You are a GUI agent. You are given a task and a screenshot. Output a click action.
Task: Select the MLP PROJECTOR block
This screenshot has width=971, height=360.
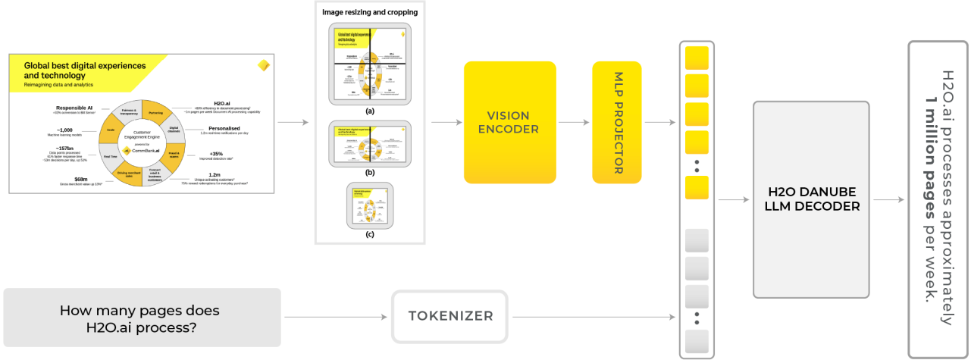click(x=617, y=122)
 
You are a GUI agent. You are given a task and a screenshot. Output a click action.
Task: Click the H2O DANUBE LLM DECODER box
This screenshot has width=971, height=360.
click(x=811, y=199)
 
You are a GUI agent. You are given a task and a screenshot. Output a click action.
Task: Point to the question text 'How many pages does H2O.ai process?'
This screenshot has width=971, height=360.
click(x=141, y=318)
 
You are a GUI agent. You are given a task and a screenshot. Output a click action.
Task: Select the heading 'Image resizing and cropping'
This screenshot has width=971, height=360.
click(x=370, y=12)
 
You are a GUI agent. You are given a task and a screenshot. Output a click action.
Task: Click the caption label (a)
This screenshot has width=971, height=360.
click(x=370, y=111)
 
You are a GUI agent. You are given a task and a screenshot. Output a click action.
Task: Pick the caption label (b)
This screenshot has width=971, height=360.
click(x=370, y=173)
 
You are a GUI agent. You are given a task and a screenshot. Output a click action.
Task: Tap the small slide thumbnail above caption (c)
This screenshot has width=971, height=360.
click(x=370, y=205)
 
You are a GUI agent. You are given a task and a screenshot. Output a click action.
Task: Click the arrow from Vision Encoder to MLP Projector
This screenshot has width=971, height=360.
click(x=574, y=121)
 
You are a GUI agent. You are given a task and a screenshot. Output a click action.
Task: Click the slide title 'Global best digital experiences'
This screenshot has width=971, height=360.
click(x=85, y=66)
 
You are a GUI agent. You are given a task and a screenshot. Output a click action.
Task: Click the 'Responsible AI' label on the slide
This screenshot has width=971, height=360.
click(x=74, y=108)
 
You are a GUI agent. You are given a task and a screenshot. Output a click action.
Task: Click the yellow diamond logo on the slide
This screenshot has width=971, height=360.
click(x=265, y=64)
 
